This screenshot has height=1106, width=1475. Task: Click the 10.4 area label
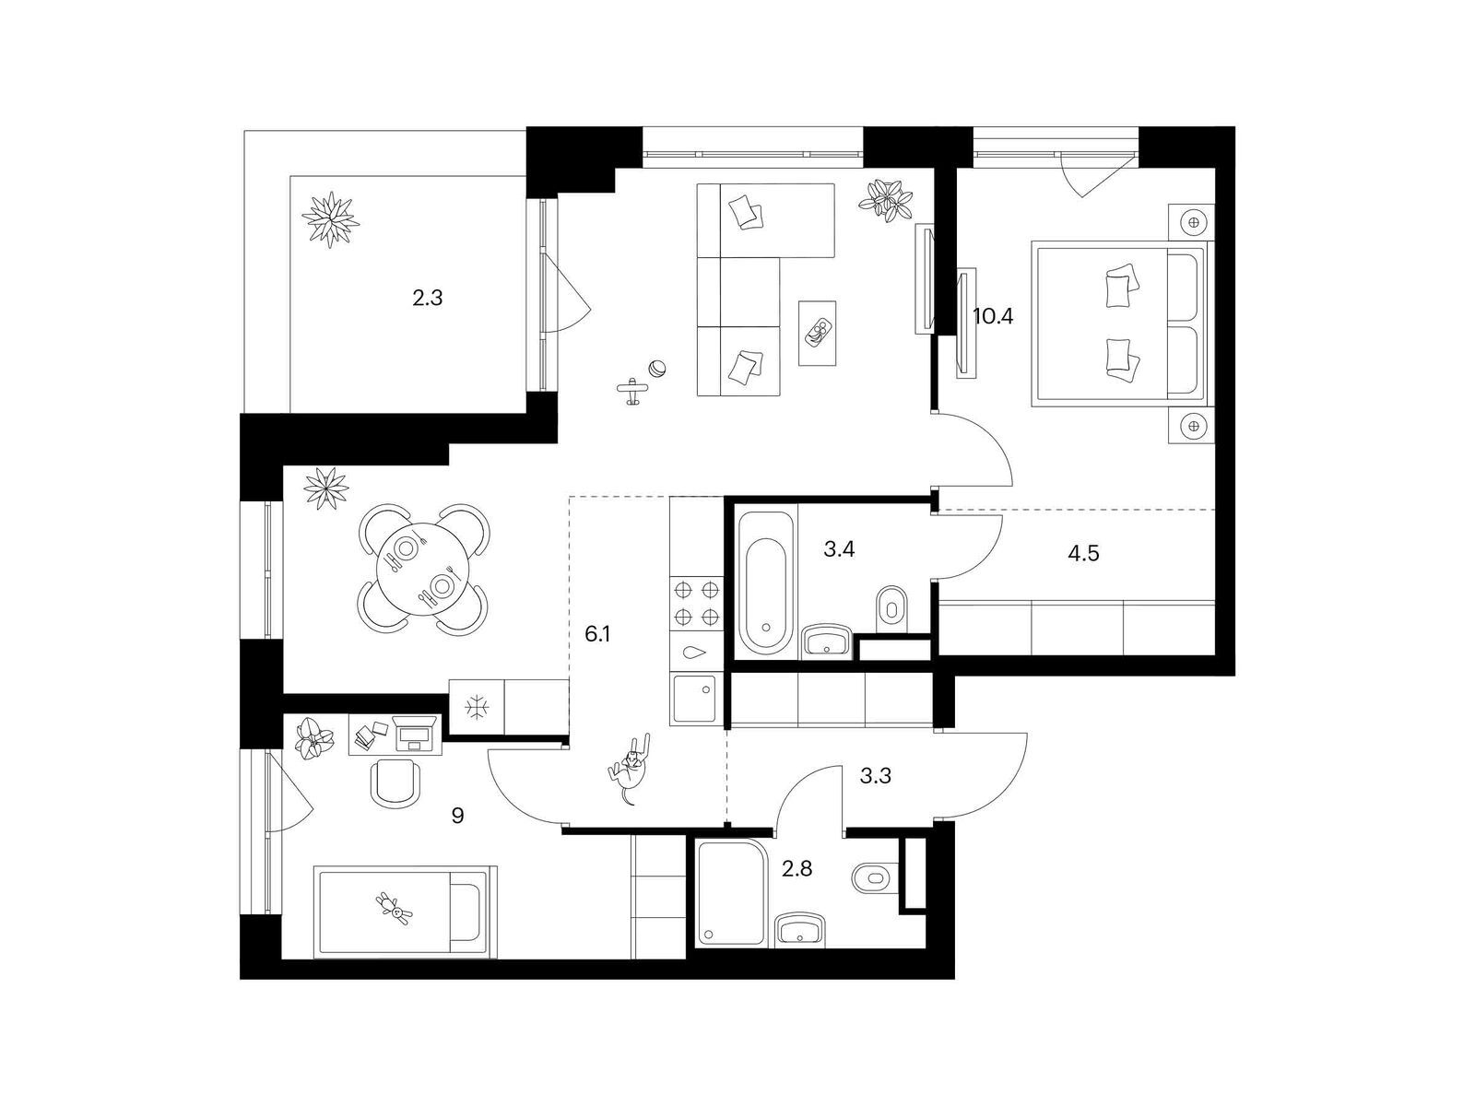tap(993, 315)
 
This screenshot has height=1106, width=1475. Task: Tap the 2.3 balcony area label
tap(428, 298)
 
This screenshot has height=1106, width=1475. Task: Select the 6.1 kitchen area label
tap(597, 633)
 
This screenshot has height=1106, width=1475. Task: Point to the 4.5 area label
tap(1083, 553)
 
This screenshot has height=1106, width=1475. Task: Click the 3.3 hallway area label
tap(876, 776)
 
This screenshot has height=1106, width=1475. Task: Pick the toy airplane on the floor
tap(632, 391)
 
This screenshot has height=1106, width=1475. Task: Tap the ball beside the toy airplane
tap(657, 370)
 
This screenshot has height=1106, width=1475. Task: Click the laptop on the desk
tap(416, 734)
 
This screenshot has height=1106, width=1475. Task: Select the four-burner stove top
tap(696, 603)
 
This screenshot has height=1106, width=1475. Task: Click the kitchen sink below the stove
tap(695, 699)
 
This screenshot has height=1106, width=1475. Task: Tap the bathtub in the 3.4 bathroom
tap(766, 582)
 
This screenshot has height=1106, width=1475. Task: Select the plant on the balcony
tap(330, 219)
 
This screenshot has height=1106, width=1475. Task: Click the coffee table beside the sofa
tap(817, 333)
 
